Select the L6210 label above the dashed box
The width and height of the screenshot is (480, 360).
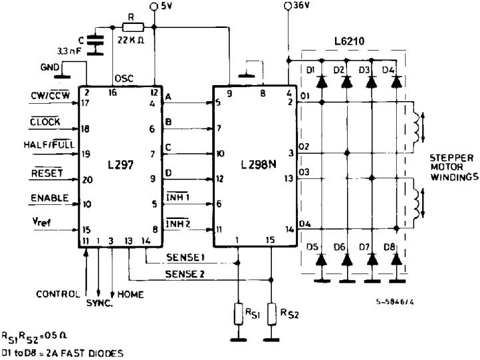(x=354, y=41)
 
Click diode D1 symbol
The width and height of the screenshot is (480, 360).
(x=322, y=82)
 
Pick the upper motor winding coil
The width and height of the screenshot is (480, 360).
(x=417, y=125)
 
